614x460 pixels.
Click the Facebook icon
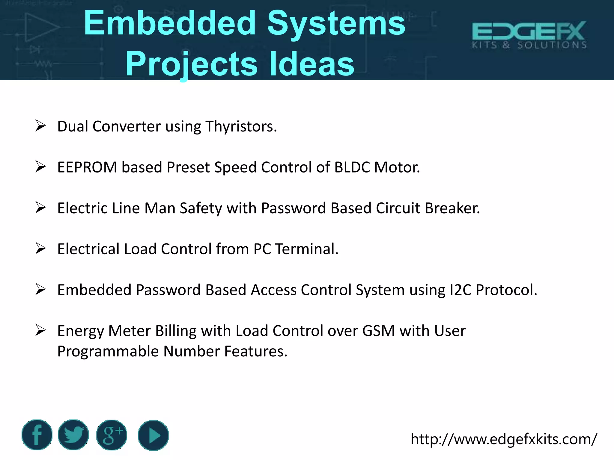pos(37,435)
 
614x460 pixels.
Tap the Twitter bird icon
pos(73,435)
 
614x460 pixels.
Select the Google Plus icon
pos(112,435)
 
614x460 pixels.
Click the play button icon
pos(153,435)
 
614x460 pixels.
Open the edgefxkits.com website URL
pos(504,439)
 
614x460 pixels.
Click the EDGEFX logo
pos(529,35)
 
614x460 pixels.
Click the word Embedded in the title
pos(170,23)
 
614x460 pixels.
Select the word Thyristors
pos(241,126)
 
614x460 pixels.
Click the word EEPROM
pos(87,167)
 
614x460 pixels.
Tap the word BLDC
pos(352,167)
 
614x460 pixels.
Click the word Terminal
pos(307,249)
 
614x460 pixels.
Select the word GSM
pos(378,331)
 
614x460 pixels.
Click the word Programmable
pos(108,351)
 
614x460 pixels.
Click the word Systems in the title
pos(336,23)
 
